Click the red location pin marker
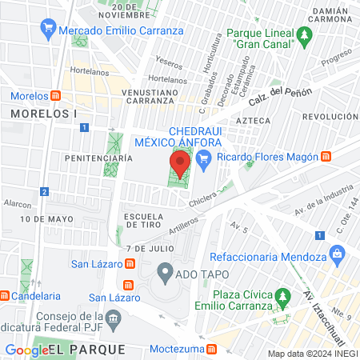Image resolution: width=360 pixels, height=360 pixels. [181, 166]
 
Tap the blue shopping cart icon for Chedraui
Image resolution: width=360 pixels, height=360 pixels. [204, 158]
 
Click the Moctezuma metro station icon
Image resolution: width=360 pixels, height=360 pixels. [212, 349]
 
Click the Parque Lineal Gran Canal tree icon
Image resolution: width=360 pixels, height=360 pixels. [303, 36]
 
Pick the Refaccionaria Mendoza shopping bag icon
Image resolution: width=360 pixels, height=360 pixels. [337, 257]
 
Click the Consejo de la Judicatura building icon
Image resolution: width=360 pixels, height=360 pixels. [112, 320]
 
